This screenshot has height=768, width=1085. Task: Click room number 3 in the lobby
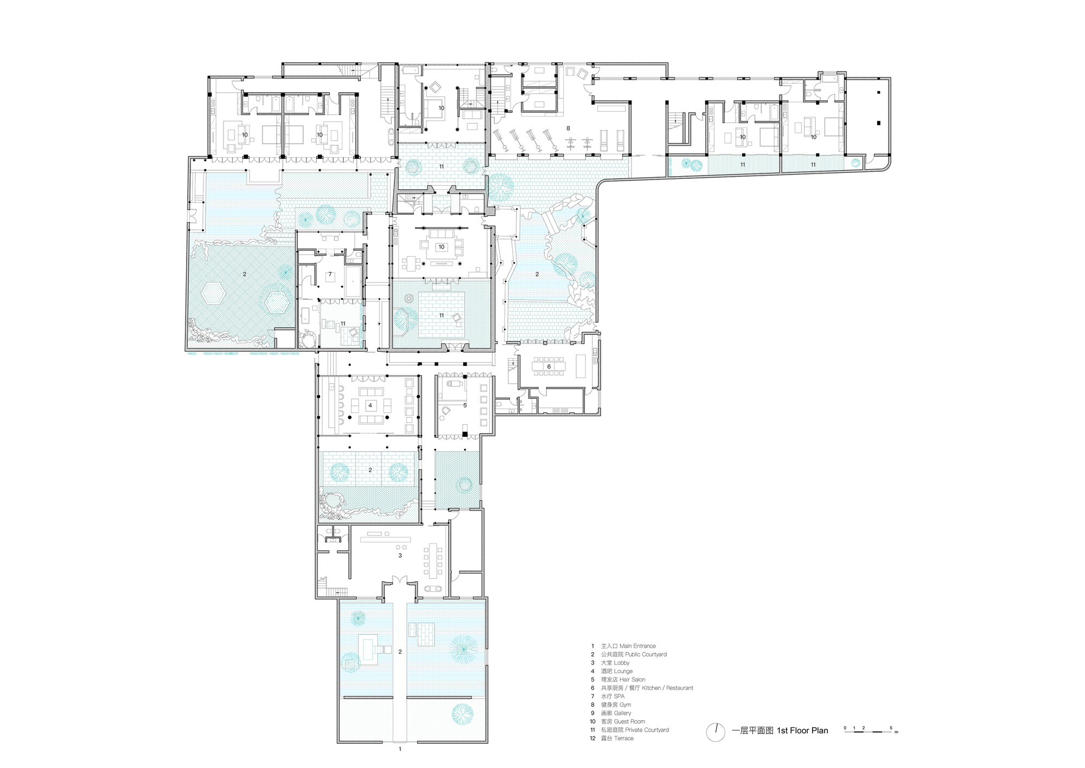(x=400, y=556)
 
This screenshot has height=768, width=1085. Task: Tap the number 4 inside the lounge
(x=371, y=405)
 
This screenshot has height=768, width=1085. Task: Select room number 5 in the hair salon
(x=465, y=405)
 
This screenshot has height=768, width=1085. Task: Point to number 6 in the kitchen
(x=549, y=367)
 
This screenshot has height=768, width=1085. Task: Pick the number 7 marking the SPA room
(x=330, y=275)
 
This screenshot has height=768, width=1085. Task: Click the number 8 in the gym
(x=568, y=128)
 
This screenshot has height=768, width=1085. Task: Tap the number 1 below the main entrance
(x=400, y=749)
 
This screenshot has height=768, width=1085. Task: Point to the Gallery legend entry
(x=623, y=713)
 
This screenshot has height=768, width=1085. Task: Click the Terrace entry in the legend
(x=624, y=738)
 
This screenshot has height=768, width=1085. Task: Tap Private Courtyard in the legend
(x=647, y=730)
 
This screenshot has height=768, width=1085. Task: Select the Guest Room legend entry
(x=629, y=721)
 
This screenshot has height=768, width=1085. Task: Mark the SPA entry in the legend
(x=619, y=696)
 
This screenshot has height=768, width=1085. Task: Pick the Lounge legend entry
(x=623, y=672)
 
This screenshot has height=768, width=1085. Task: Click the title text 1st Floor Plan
(x=802, y=731)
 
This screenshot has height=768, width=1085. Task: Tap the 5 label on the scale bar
(x=891, y=728)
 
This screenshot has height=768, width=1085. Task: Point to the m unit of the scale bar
(x=896, y=732)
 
